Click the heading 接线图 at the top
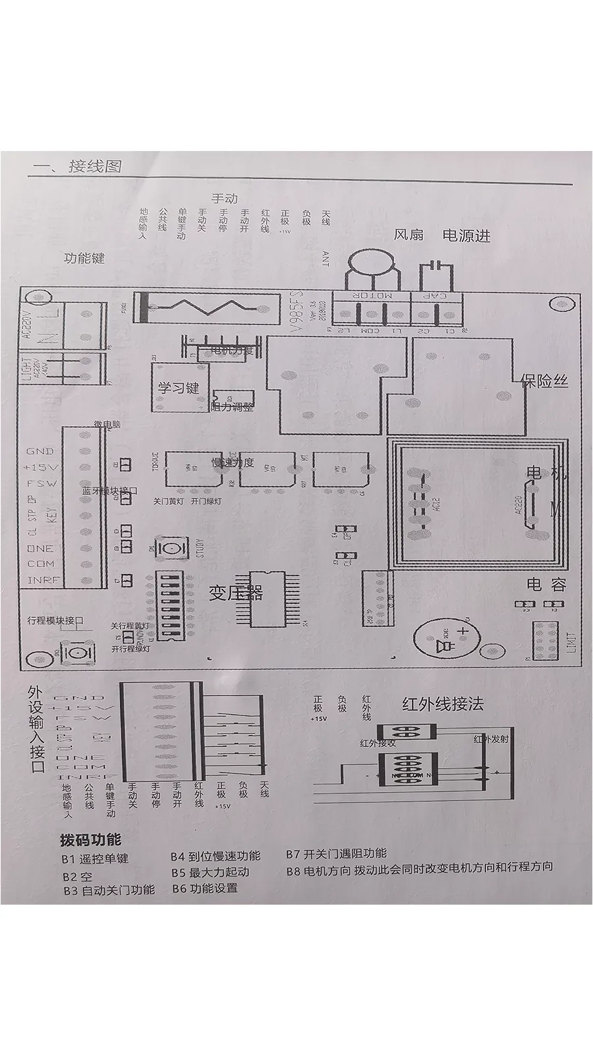tap(95, 166)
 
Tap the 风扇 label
tap(409, 235)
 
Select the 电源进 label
tap(466, 235)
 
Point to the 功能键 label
tap(84, 258)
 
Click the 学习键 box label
tap(177, 387)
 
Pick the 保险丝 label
tap(544, 380)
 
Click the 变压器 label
tap(236, 593)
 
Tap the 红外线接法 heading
tap(443, 704)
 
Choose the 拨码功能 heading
tap(90, 840)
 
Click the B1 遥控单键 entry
tap(95, 858)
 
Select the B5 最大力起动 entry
tap(211, 872)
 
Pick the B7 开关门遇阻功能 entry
tap(336, 854)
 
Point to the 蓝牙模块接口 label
tap(110, 491)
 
